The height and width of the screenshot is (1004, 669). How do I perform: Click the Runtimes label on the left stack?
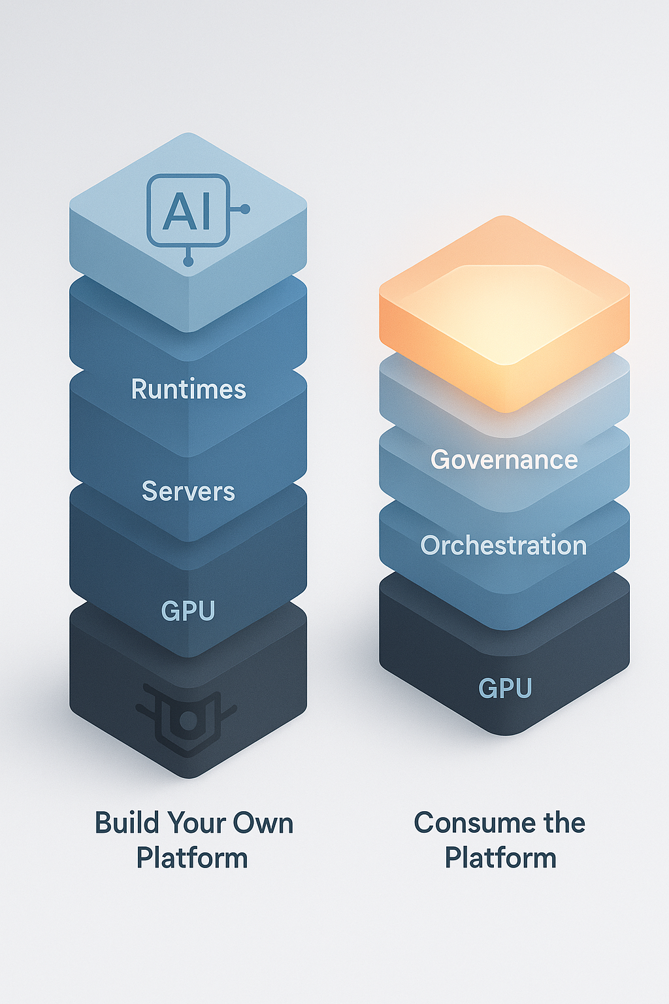coord(188,389)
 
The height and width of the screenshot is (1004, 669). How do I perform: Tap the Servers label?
coord(188,492)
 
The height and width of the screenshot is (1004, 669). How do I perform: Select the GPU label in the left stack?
coord(188,611)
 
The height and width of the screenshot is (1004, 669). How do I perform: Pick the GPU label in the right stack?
coord(505,688)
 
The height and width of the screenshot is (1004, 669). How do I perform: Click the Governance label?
coord(504,460)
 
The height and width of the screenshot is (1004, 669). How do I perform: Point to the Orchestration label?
coord(504,546)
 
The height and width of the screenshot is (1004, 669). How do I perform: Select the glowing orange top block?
coord(504,314)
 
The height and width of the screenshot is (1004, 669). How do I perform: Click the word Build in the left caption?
coord(124,823)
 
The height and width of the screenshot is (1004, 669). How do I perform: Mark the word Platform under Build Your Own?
coord(192,858)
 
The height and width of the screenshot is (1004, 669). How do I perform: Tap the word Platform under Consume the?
coord(500,858)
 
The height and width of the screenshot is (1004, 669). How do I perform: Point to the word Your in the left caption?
coord(194,823)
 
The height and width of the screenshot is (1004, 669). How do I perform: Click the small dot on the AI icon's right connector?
coord(245,209)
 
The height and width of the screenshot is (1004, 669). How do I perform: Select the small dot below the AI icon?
coord(188,261)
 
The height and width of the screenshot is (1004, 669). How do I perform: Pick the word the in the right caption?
coord(564,823)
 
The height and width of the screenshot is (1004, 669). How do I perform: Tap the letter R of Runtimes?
coord(139,389)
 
